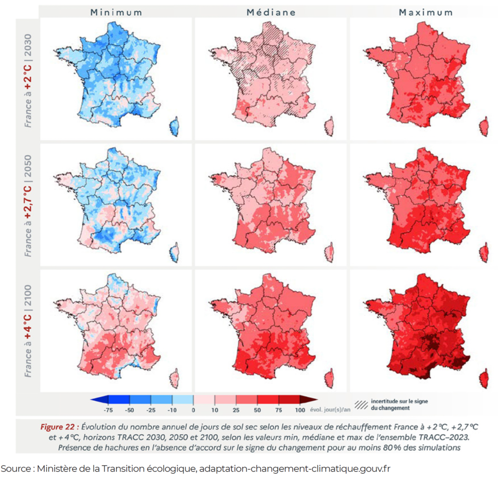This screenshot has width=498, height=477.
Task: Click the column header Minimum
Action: [x=116, y=12]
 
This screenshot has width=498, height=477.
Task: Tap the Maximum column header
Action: [x=426, y=12]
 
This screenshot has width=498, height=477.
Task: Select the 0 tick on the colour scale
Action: [x=194, y=410]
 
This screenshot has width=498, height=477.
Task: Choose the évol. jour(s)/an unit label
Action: [x=330, y=410]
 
